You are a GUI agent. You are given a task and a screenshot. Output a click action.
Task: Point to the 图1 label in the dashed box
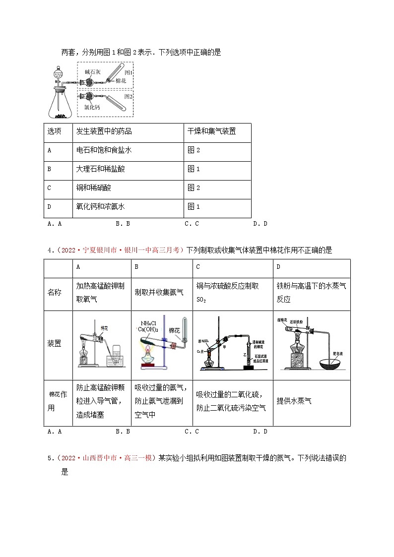tap(128, 72)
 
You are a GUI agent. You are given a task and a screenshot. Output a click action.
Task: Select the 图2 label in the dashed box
tap(128, 96)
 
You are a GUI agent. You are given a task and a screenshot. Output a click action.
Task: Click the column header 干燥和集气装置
tap(211, 131)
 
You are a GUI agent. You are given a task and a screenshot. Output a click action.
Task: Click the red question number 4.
tap(50, 250)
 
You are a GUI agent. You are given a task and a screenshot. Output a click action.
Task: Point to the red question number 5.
tap(50, 458)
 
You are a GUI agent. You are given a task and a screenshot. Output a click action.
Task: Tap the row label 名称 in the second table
tap(55, 293)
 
